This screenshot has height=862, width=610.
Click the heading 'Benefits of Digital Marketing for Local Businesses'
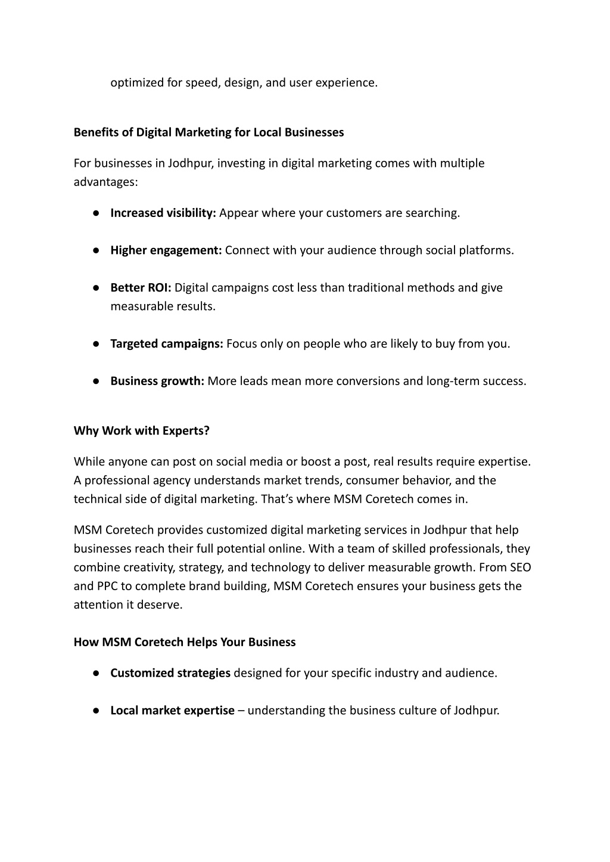point(208,132)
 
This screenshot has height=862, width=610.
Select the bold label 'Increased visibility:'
point(163,213)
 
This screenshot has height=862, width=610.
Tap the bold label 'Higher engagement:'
point(166,250)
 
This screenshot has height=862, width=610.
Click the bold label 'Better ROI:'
point(141,288)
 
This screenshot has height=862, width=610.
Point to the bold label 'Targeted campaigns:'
point(166,344)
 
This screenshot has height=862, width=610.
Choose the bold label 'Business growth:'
point(157,381)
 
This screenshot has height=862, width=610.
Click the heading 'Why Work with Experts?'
point(141,430)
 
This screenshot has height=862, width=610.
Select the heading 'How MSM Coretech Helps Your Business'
point(185,642)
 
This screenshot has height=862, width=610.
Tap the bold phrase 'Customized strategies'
point(170,673)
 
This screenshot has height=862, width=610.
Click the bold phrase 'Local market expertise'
point(172,711)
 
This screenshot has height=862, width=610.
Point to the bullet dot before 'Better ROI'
point(95,288)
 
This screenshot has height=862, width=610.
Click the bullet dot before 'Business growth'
point(95,382)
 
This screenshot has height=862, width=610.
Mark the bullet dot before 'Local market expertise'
point(95,711)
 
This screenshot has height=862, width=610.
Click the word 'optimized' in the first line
point(136,83)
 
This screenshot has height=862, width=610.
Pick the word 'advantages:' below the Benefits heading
point(105,182)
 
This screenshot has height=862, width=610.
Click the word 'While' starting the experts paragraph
point(89,461)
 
